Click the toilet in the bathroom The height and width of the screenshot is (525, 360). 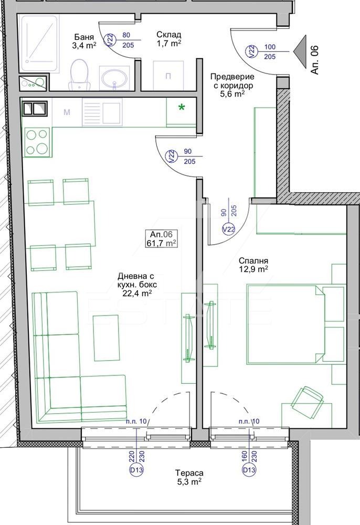79,75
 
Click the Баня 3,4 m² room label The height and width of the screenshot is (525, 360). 84,41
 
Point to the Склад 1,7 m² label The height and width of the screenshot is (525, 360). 169,38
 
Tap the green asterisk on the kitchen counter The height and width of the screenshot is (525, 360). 182,108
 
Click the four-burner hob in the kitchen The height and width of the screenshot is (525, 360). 37,142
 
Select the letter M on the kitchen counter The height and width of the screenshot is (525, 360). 67,112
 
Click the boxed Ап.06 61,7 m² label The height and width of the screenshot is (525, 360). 161,239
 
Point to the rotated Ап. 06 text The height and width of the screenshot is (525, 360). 315,60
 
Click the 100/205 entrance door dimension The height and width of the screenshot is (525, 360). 270,52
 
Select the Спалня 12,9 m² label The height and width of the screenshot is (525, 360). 253,265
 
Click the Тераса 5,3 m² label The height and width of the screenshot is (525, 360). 189,477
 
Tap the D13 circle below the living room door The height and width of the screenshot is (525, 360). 136,470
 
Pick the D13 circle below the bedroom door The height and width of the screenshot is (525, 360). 249,470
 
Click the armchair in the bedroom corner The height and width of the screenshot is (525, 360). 308,401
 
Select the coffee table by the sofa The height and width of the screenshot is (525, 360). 107,338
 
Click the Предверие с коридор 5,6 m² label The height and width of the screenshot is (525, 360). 232,86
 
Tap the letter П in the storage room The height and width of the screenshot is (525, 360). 168,76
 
